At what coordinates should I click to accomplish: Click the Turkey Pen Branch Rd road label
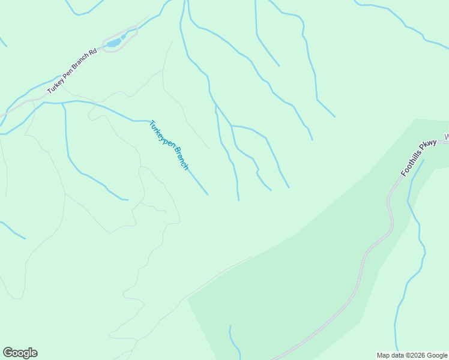pos(72,71)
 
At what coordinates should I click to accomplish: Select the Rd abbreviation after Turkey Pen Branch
pos(92,55)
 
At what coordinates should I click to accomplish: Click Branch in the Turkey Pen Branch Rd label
pos(80,64)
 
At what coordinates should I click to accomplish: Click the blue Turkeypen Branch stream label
pos(169,145)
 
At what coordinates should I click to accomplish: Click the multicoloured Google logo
pos(20,353)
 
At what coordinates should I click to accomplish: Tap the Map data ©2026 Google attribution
pos(412,355)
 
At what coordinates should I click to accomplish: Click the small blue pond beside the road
pos(113,43)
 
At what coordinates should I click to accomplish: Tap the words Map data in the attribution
pos(390,355)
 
